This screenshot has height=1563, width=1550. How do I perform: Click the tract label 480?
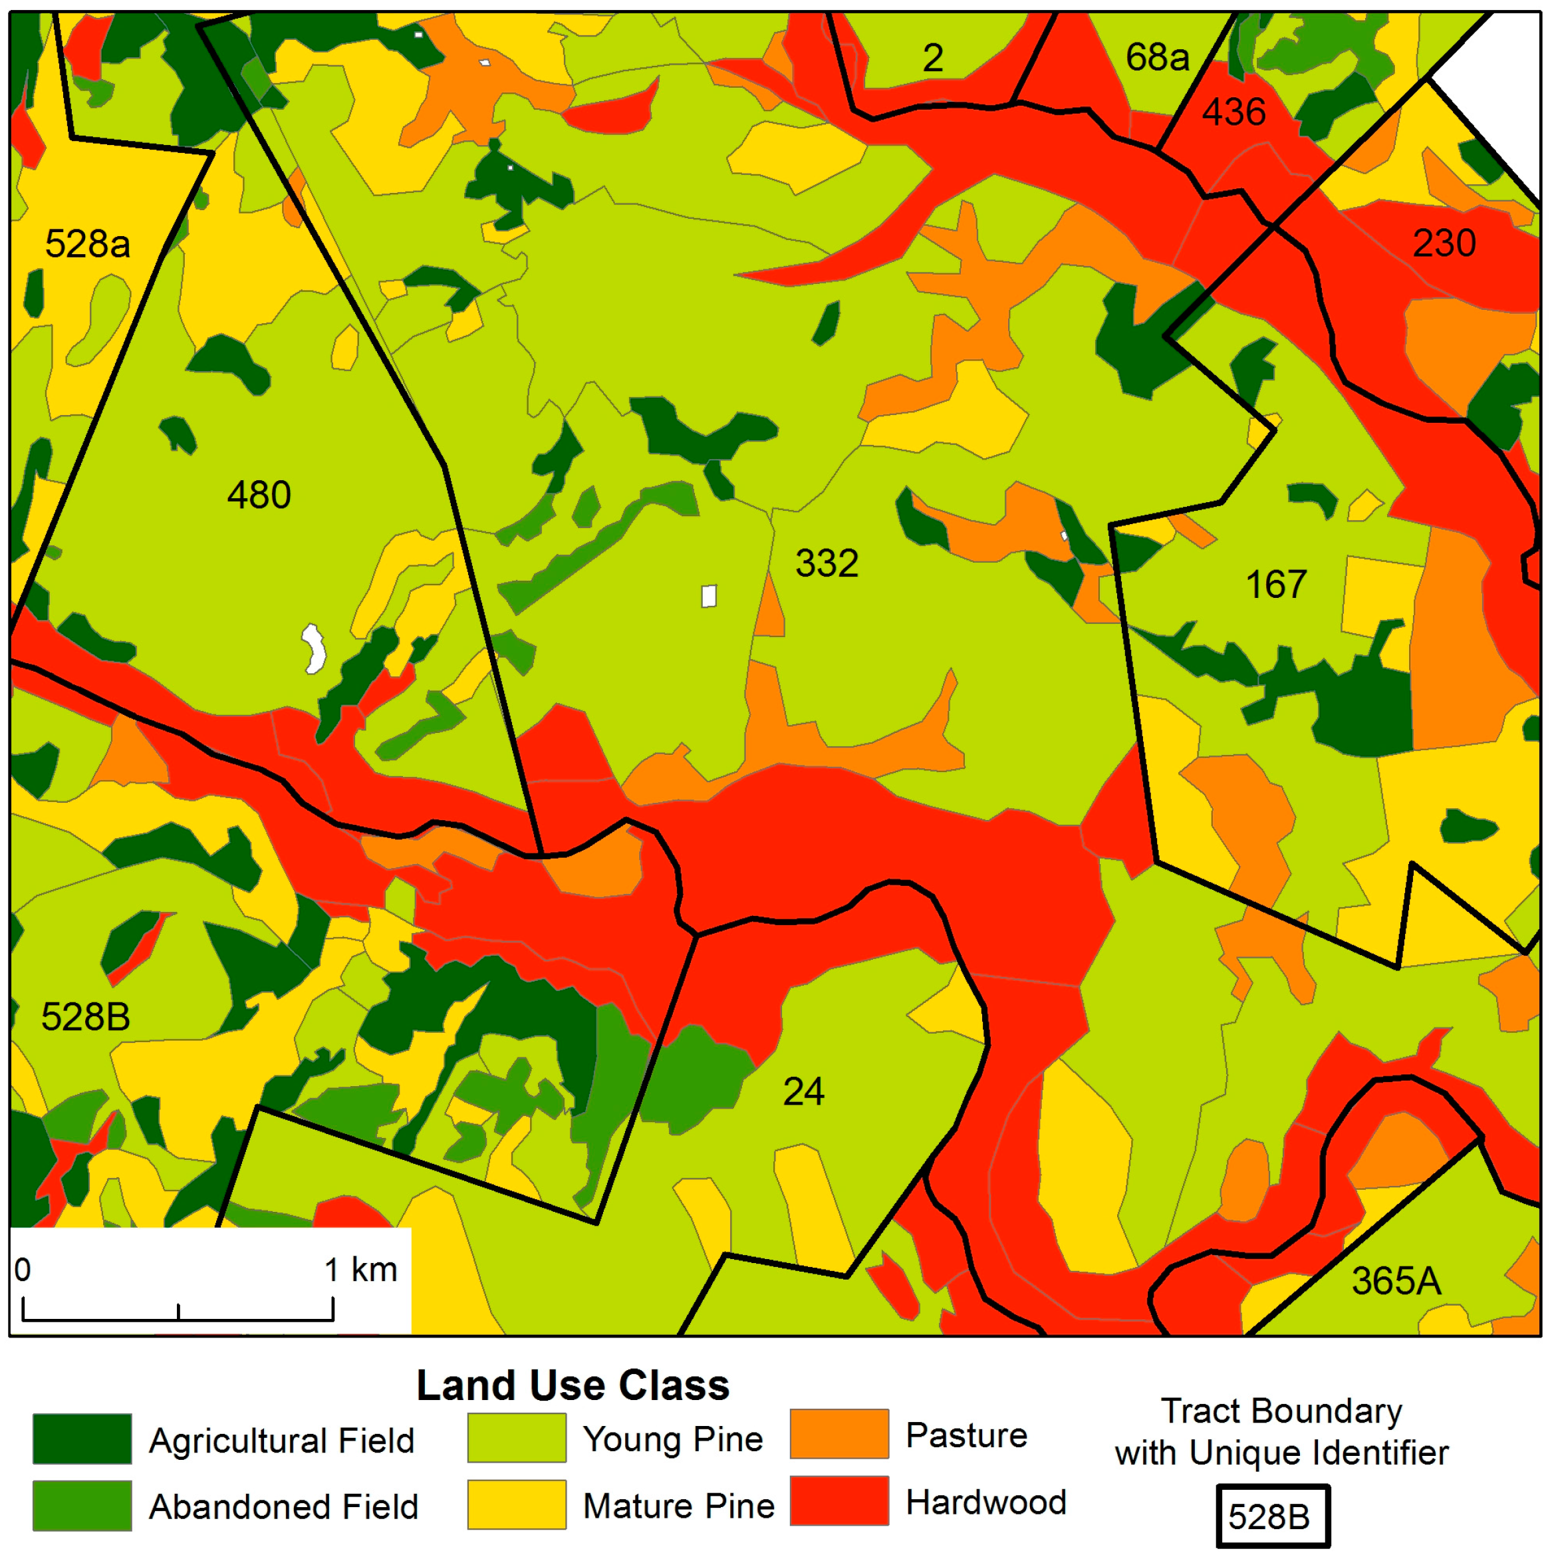click(259, 494)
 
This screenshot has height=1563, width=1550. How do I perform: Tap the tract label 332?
click(826, 563)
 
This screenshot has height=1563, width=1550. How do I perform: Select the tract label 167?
click(1276, 584)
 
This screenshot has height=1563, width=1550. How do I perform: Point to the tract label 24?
click(803, 1091)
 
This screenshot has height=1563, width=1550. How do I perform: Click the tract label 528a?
click(87, 243)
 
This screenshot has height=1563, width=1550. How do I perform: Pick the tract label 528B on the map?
click(86, 1017)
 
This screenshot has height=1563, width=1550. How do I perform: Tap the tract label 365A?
click(1396, 1280)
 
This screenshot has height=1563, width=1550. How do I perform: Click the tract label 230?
click(1444, 243)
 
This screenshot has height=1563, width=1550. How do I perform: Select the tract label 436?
click(1233, 112)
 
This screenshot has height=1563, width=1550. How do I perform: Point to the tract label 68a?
click(1157, 57)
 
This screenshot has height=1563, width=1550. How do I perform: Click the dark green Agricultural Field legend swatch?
click(82, 1439)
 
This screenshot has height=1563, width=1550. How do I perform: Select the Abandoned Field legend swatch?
click(82, 1506)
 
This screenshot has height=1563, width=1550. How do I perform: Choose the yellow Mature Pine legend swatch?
click(516, 1504)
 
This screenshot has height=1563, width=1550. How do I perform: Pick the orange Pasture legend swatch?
click(839, 1435)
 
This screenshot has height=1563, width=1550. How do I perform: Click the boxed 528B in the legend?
click(1273, 1516)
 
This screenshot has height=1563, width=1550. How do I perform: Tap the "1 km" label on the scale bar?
click(361, 1269)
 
